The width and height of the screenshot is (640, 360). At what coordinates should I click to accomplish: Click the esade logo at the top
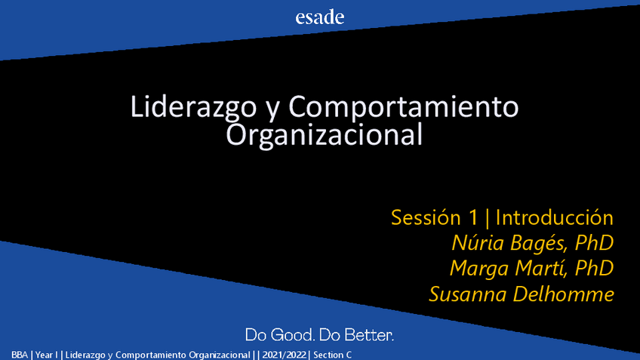pyautogui.click(x=319, y=17)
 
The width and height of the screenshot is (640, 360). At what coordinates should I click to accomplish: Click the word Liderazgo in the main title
pyautogui.click(x=193, y=107)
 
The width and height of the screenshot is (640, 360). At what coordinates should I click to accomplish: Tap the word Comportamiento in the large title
pyautogui.click(x=404, y=106)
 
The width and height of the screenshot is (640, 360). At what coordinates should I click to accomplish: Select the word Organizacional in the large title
pyautogui.click(x=324, y=134)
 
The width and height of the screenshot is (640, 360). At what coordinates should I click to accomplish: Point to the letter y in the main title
pyautogui.click(x=272, y=110)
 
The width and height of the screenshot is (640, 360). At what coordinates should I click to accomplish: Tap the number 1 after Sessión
pyautogui.click(x=473, y=217)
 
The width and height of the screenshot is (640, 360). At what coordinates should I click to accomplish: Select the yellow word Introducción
pyautogui.click(x=554, y=217)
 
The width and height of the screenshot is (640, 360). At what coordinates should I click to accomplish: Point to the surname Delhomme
pyautogui.click(x=563, y=294)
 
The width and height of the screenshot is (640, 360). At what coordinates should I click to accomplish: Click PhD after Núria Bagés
pyautogui.click(x=594, y=243)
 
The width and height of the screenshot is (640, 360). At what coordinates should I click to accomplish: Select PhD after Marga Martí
pyautogui.click(x=594, y=268)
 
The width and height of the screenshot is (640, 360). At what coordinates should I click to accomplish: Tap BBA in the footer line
pyautogui.click(x=20, y=355)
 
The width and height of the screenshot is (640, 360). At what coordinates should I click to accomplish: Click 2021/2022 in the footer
pyautogui.click(x=284, y=355)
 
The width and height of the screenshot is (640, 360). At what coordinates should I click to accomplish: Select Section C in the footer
pyautogui.click(x=332, y=355)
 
